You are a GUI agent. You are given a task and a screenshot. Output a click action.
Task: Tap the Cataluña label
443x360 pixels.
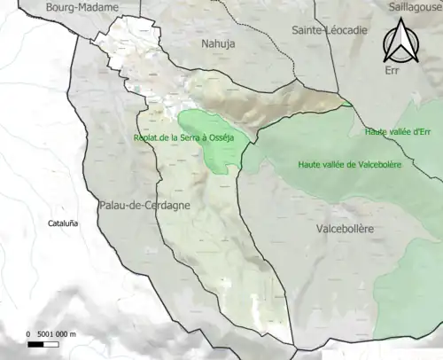[63, 224]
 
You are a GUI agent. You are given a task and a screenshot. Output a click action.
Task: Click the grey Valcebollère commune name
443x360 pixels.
[345, 229]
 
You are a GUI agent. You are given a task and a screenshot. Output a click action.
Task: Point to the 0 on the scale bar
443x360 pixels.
[28, 334]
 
